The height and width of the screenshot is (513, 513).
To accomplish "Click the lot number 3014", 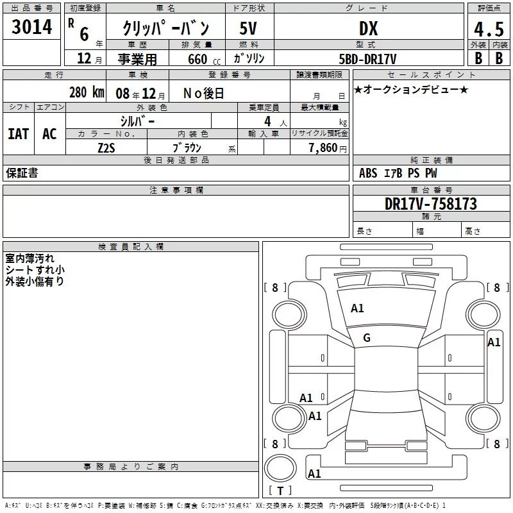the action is point(31,28).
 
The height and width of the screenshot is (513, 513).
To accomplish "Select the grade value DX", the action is point(368,28).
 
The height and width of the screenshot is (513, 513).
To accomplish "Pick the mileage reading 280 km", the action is point(86,92).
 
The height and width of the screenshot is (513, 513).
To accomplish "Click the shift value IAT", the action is point(18,134).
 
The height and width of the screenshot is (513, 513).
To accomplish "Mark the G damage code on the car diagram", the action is point(367,338).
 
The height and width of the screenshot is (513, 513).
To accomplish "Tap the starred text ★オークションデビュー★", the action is point(411,89).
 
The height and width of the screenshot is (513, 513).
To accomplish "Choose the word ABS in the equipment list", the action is point(368,173).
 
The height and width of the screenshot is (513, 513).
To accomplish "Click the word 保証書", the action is point(22,173).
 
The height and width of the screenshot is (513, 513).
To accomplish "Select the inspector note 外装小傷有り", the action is point(35,281).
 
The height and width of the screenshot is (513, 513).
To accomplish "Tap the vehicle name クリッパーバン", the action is point(165,29).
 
